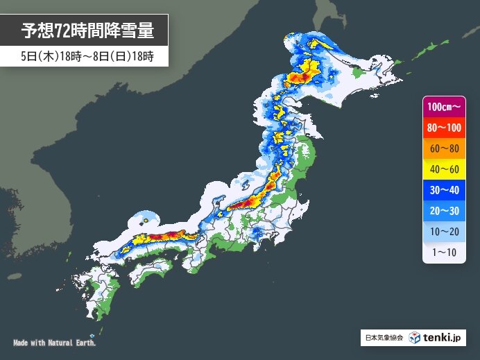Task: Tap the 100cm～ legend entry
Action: point(444,107)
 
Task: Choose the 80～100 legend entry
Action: point(444,127)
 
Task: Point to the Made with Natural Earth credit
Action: point(55,343)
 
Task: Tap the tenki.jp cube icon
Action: point(415,338)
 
